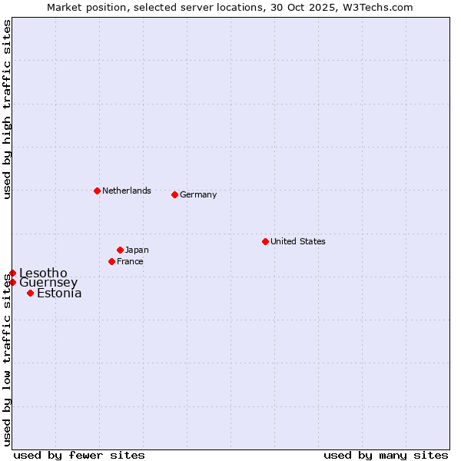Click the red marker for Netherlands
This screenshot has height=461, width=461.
(97, 191)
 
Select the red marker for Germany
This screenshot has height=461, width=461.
(174, 194)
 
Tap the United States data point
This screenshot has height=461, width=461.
(265, 241)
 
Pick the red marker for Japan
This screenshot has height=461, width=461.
(120, 250)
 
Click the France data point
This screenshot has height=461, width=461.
(111, 261)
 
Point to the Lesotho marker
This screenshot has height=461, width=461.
(12, 273)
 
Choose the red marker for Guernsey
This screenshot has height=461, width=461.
(12, 282)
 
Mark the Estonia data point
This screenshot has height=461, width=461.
(30, 293)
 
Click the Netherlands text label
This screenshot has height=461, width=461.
(127, 191)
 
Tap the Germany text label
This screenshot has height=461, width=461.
(198, 194)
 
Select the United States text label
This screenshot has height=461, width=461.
(298, 241)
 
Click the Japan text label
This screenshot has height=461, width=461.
(137, 250)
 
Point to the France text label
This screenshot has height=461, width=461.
(130, 261)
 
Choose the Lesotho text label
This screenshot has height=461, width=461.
(43, 273)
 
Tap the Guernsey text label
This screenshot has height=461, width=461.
(48, 282)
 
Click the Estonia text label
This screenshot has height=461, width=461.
(59, 293)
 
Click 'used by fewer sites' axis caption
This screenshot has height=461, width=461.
(79, 455)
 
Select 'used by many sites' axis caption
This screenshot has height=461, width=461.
(386, 455)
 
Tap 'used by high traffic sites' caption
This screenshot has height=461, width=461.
(7, 109)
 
